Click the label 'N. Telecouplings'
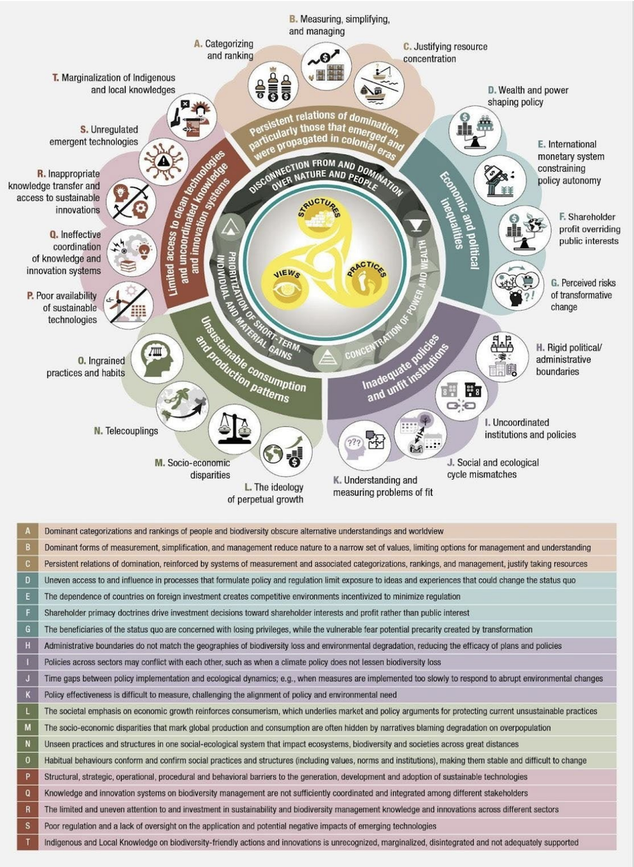point(126,431)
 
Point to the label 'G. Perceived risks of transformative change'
point(583,295)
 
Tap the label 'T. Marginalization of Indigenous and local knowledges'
point(114,84)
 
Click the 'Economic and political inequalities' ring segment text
point(459,219)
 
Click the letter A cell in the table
point(27,531)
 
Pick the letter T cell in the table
point(27,842)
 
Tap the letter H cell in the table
point(27,645)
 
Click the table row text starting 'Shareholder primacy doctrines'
point(256,612)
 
